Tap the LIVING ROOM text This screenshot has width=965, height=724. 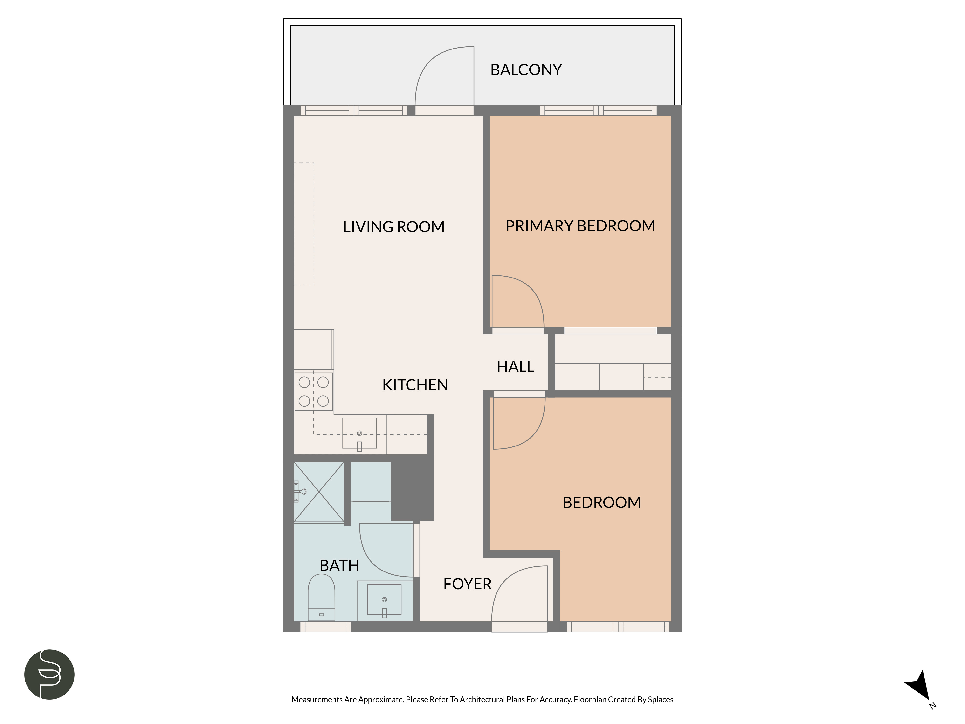(x=393, y=227)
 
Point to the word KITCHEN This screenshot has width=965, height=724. (x=415, y=385)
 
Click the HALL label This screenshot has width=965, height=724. (x=516, y=367)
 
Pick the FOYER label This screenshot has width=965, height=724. (x=467, y=584)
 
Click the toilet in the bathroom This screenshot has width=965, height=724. (x=322, y=597)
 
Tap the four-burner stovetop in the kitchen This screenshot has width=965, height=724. (x=314, y=391)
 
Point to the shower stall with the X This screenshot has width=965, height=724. (x=319, y=492)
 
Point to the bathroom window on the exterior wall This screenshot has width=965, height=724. (x=325, y=627)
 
